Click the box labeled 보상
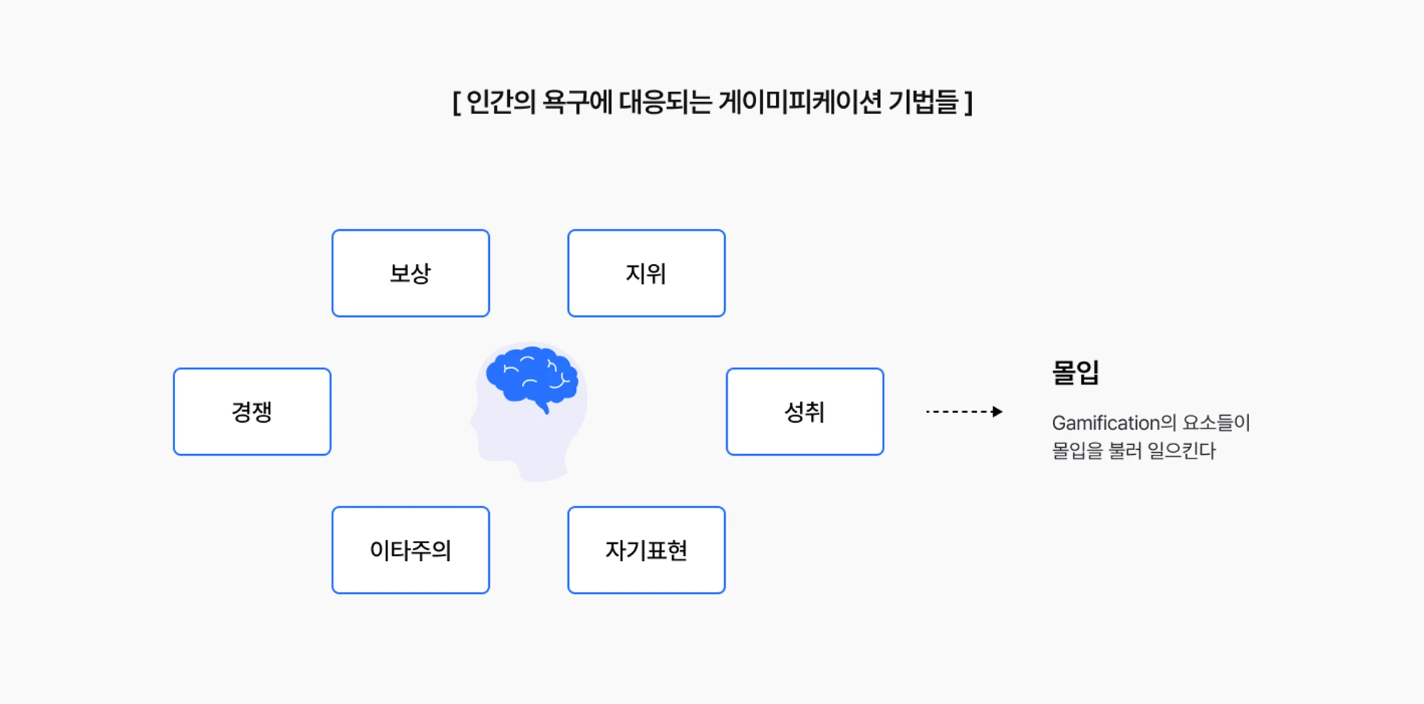pyautogui.click(x=411, y=273)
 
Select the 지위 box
pyautogui.click(x=646, y=273)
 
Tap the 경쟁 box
pyautogui.click(x=252, y=411)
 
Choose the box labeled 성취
pyautogui.click(x=805, y=411)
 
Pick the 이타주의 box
pyautogui.click(x=411, y=550)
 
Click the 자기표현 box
pyautogui.click(x=646, y=550)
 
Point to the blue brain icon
pyautogui.click(x=532, y=378)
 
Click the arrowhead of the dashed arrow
pyautogui.click(x=998, y=411)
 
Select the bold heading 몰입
pyautogui.click(x=1076, y=372)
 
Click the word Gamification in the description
pyautogui.click(x=1106, y=423)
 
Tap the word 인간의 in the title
pyautogui.click(x=501, y=102)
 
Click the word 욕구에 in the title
pyautogui.click(x=577, y=102)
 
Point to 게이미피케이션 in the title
pyautogui.click(x=801, y=102)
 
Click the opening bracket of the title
pyautogui.click(x=456, y=103)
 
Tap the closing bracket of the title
pyautogui.click(x=968, y=103)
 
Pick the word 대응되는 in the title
pyautogui.click(x=665, y=102)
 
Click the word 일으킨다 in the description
pyautogui.click(x=1182, y=451)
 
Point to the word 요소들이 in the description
pyautogui.click(x=1216, y=423)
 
